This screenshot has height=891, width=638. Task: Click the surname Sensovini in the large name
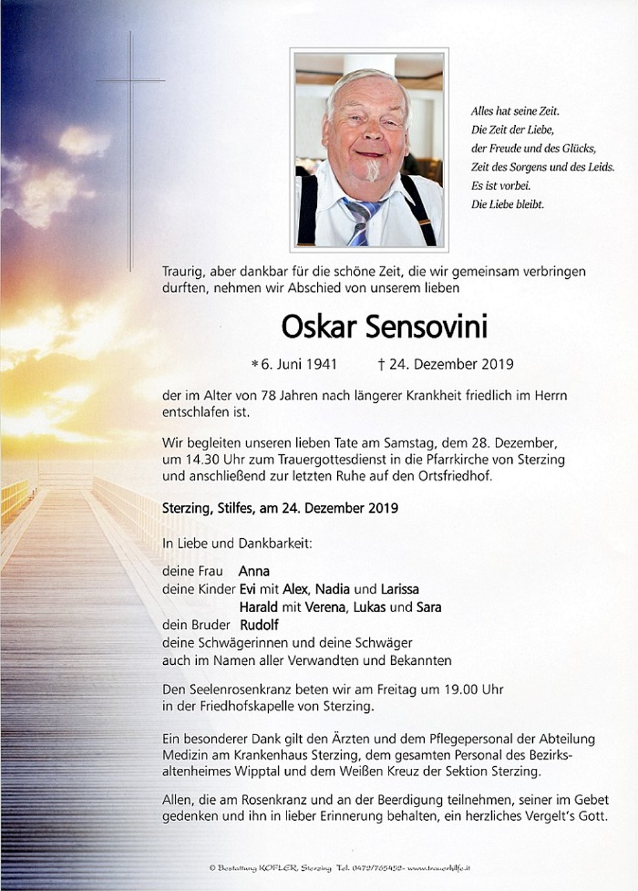[426, 328]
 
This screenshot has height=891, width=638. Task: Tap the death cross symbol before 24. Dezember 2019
[381, 364]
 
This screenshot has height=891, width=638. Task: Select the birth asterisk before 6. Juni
[255, 365]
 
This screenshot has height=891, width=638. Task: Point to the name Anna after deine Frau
[254, 571]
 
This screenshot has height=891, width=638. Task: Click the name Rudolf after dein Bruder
[259, 625]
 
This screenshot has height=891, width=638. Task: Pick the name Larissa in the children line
[400, 589]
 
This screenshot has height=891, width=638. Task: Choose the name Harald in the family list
[258, 608]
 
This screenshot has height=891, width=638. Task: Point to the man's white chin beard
[372, 170]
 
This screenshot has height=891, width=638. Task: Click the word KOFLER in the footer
[279, 868]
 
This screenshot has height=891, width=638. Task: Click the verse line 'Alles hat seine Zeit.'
[515, 111]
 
